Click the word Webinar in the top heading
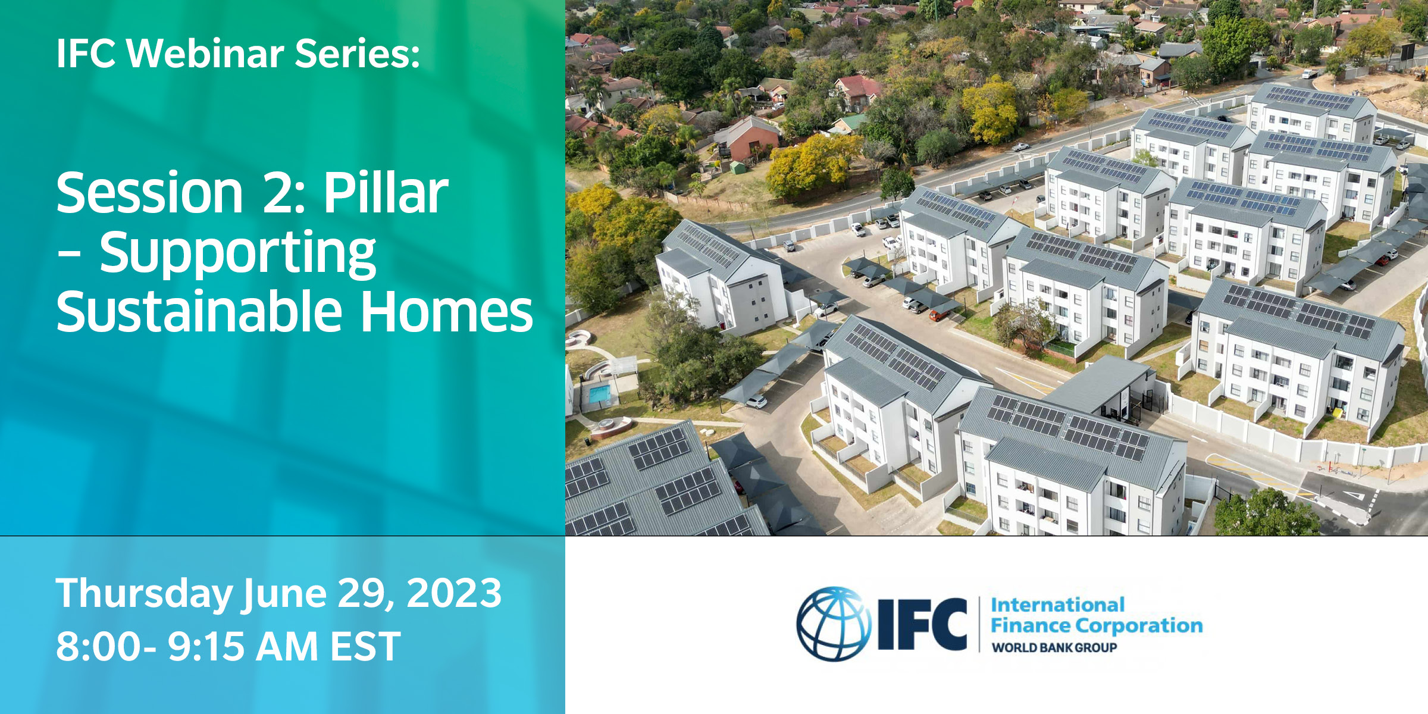tap(205, 53)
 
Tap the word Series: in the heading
tap(358, 53)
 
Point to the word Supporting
tap(237, 255)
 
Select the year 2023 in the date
tap(454, 593)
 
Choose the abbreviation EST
tap(365, 646)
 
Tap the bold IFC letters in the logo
tap(923, 624)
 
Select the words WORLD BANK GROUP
tap(1054, 647)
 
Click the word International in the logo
tap(1057, 605)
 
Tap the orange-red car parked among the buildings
tap(940, 315)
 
